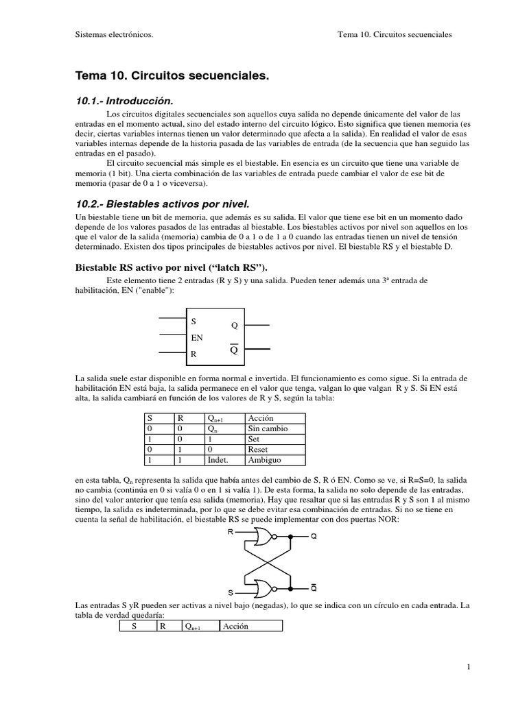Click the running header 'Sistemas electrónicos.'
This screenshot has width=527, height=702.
114,34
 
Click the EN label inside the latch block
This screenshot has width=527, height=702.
196,338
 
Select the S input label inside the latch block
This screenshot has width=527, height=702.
194,321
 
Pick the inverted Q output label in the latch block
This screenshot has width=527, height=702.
233,350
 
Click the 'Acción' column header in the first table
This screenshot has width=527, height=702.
261,417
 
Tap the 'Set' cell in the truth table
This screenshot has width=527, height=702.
254,439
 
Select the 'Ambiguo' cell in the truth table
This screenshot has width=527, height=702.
264,460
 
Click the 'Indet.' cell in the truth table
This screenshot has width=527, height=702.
217,460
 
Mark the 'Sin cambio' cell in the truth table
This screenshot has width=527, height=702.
268,428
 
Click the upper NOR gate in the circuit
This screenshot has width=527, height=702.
264,537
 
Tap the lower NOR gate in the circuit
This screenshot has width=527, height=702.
264,588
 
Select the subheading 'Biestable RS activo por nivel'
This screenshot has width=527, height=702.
175,267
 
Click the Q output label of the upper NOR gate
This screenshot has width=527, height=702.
314,537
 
